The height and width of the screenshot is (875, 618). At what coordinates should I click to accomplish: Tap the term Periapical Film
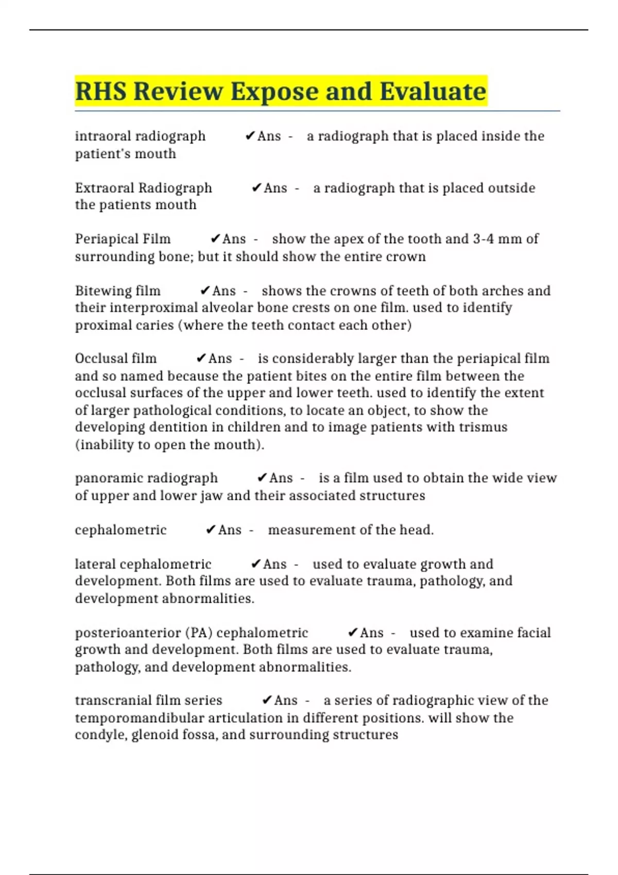(123, 239)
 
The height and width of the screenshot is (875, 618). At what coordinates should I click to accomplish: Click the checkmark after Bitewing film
(205, 291)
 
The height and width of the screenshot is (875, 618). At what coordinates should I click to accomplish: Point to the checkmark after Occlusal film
(201, 358)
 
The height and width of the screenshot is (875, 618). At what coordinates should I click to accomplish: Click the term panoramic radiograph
(146, 478)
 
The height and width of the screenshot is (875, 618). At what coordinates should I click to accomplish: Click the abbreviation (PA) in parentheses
(199, 633)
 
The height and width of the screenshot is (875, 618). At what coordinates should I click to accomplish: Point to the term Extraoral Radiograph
(143, 188)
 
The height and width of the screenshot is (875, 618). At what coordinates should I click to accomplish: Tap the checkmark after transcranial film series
(267, 701)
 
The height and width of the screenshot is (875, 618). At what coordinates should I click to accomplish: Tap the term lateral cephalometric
(143, 564)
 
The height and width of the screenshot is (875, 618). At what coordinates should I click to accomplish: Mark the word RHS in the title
(101, 92)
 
